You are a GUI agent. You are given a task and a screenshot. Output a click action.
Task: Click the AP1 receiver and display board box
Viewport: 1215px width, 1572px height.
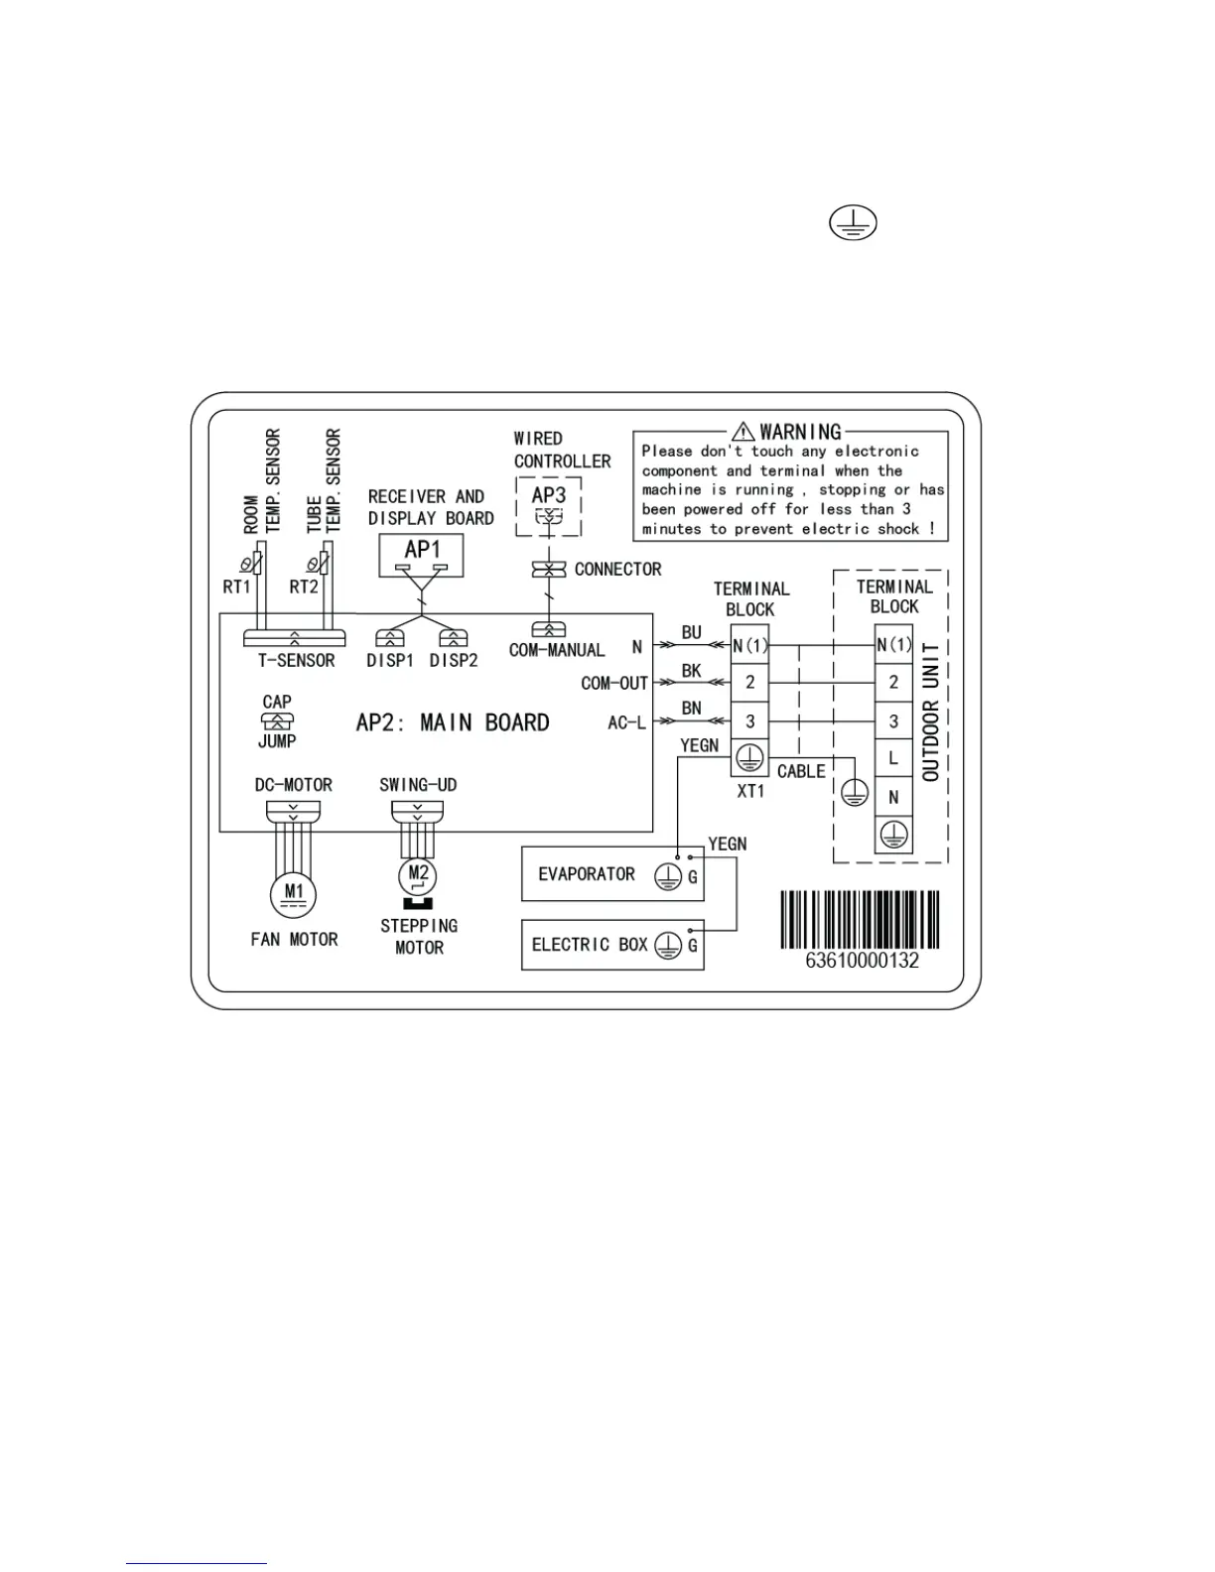(422, 555)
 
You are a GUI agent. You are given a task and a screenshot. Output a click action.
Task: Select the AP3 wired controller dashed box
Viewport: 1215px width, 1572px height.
(548, 506)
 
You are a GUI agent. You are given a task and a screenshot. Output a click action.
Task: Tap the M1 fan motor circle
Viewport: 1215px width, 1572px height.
(293, 892)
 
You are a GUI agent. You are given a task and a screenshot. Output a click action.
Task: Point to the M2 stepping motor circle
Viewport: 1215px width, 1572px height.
(418, 874)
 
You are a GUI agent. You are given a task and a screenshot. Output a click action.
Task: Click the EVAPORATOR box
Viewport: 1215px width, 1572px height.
(612, 874)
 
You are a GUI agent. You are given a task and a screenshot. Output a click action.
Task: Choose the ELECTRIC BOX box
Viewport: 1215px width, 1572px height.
(612, 945)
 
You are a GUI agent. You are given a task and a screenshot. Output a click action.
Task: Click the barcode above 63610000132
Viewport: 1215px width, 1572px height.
(860, 919)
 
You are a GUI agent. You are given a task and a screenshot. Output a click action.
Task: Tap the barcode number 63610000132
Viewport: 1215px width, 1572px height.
(862, 961)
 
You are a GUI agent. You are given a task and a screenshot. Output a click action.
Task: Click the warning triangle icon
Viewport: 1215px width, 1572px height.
(743, 432)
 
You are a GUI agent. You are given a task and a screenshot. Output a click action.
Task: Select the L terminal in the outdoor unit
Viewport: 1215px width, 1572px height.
(893, 759)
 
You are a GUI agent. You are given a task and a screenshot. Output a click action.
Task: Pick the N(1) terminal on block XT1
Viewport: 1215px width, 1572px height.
(750, 645)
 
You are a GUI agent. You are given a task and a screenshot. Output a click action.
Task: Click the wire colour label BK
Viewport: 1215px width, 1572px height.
(692, 672)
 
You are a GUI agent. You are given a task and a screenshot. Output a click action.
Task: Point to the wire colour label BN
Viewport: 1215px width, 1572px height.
(692, 709)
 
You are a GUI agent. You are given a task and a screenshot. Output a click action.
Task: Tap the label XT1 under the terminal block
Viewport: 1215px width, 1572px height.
(750, 791)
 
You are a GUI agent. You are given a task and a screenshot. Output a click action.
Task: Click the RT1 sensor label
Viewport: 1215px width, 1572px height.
(236, 587)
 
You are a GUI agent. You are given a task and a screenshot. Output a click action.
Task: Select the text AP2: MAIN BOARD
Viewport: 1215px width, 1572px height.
(453, 722)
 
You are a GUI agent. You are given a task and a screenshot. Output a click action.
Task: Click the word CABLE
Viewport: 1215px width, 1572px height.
(801, 771)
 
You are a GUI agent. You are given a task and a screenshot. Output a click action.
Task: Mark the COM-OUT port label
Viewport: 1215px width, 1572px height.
(613, 684)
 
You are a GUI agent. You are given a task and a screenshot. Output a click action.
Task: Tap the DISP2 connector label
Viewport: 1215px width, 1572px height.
(454, 661)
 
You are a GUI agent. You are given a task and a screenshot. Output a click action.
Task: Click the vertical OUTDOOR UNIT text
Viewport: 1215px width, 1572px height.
(931, 712)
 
